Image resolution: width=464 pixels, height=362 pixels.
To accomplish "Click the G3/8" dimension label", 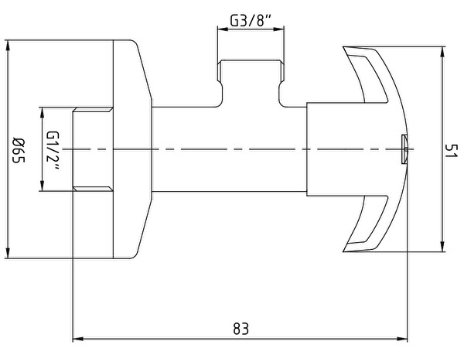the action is (x=251, y=20).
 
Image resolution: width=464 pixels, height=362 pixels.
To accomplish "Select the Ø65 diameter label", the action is (x=19, y=150).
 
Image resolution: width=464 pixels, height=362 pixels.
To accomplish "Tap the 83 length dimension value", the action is (x=241, y=329).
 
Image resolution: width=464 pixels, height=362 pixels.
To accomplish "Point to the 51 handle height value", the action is (x=451, y=151).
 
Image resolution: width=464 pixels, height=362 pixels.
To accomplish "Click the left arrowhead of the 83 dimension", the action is (x=77, y=339).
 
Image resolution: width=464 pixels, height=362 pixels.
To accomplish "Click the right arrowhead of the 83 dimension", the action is (x=402, y=339).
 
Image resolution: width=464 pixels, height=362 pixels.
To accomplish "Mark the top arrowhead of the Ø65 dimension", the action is (x=8, y=46).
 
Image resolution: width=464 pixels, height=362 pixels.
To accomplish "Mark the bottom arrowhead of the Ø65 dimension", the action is (x=8, y=253).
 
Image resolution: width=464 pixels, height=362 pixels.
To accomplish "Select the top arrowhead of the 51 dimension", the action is (x=442, y=52).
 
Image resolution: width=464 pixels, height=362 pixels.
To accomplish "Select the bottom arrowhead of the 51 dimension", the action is (x=442, y=247).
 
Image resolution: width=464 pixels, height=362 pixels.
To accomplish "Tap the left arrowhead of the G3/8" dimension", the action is (x=223, y=29).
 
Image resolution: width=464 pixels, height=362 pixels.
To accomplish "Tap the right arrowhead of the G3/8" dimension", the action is (x=279, y=29).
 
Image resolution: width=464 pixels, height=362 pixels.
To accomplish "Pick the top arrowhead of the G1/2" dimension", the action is (x=42, y=112).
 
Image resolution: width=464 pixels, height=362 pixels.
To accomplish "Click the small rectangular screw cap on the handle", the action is (x=404, y=149).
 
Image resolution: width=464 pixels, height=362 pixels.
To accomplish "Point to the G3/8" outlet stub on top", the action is (x=251, y=83).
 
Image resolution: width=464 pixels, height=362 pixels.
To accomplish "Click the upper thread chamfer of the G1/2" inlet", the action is (x=93, y=110).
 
